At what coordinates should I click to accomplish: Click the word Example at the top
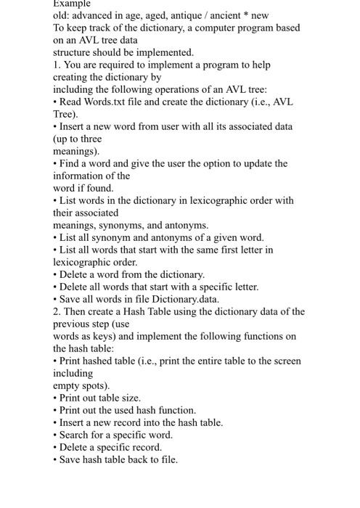73,4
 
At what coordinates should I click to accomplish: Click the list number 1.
57,65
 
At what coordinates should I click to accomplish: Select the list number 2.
57,311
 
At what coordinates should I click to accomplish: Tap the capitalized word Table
163,311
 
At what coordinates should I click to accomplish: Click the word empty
67,385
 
